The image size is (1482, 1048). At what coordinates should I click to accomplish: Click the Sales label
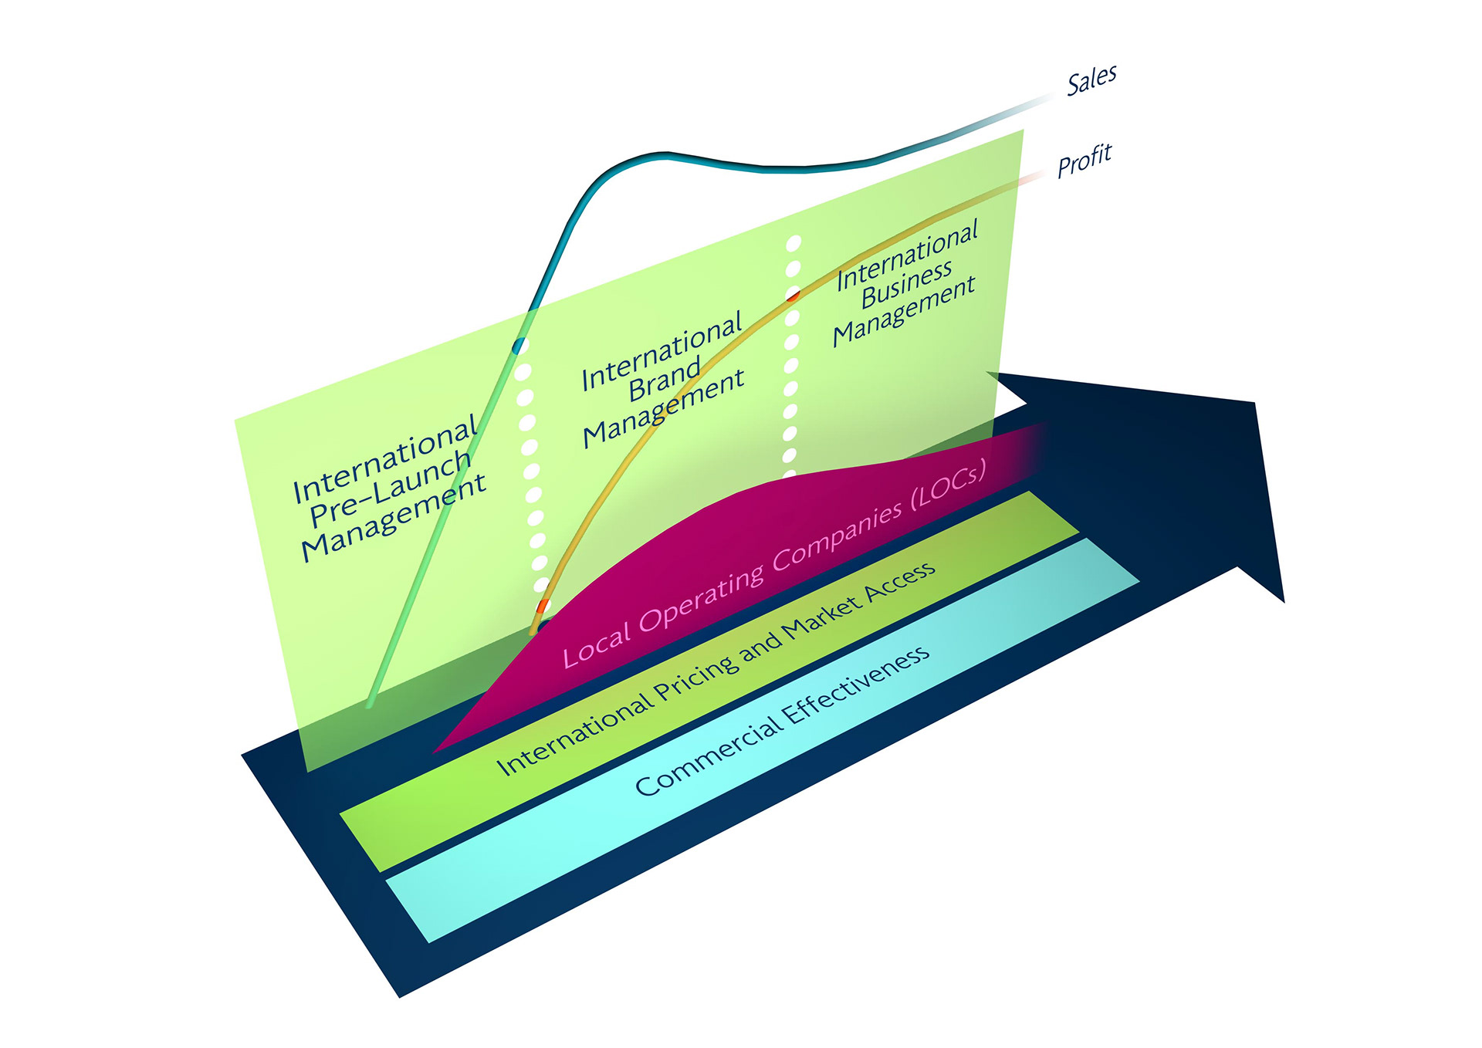(x=1091, y=79)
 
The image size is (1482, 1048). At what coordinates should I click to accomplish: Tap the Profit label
(x=1084, y=160)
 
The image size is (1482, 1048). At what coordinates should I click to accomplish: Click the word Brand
(x=665, y=380)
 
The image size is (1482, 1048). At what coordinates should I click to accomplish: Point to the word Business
(x=906, y=283)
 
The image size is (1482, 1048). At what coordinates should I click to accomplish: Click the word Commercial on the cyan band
(x=706, y=760)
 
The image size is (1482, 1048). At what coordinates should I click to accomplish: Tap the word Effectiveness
(x=858, y=685)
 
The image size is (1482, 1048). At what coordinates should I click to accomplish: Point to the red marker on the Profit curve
(x=793, y=296)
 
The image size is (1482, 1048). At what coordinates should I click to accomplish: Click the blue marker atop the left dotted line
(x=519, y=345)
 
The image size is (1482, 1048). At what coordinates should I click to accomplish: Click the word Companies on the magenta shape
(x=837, y=533)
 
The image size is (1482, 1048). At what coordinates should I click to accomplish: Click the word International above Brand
(x=661, y=351)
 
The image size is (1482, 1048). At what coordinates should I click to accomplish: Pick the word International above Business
(x=908, y=255)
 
